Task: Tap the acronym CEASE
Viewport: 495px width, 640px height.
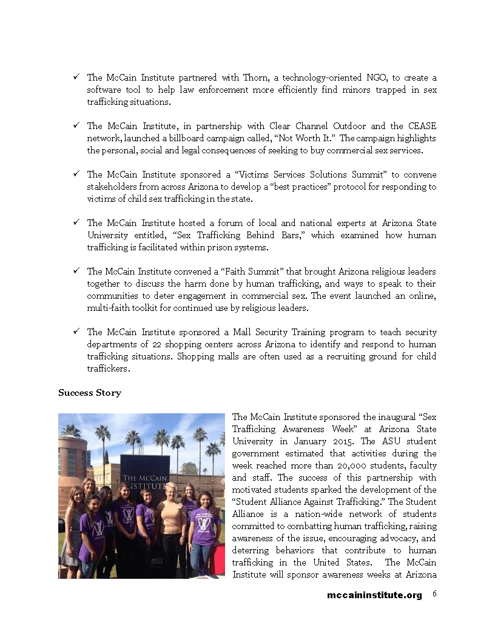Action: [421, 126]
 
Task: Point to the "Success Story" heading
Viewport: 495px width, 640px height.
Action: [90, 393]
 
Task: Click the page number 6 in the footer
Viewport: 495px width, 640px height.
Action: [435, 594]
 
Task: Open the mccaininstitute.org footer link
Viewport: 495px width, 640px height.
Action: [374, 595]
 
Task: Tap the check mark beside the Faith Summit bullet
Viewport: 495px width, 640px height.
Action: [77, 272]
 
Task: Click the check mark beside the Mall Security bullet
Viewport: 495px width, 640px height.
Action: [77, 332]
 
